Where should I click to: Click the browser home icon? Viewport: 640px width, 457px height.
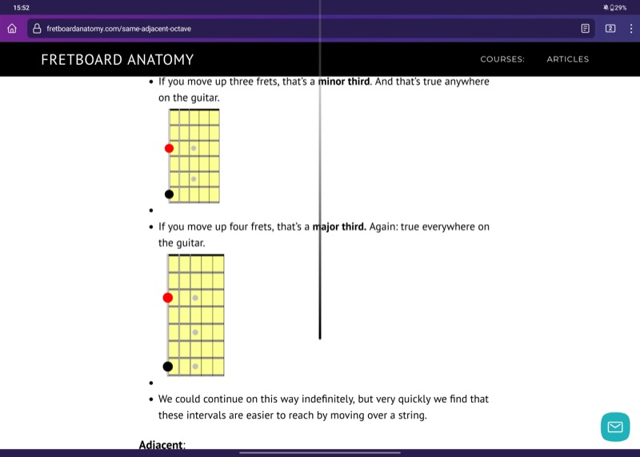coord(12,28)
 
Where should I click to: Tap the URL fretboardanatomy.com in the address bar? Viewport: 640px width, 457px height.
coord(118,29)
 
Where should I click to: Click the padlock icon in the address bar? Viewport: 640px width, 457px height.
coord(37,28)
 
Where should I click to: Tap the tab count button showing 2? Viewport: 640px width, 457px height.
coord(610,28)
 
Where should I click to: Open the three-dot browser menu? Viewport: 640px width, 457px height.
coord(631,28)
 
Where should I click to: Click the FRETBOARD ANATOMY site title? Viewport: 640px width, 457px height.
coord(117,59)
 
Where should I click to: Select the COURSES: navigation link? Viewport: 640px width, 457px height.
coord(502,59)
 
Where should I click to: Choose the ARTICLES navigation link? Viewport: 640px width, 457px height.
coord(567,59)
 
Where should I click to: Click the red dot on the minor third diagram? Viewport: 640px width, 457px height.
coord(169,148)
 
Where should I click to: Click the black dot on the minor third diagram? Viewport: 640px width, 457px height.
coord(169,194)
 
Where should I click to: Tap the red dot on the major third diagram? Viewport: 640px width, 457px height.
coord(168,298)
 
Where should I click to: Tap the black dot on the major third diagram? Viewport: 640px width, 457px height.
coord(168,367)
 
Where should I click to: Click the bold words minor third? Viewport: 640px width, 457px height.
coord(345,82)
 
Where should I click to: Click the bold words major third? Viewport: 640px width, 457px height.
coord(339,226)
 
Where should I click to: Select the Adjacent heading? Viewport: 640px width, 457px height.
coord(162,444)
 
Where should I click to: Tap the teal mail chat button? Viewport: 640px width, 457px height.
coord(615,427)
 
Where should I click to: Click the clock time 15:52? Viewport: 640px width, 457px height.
coord(22,7)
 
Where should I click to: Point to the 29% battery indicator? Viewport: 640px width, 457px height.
coord(618,7)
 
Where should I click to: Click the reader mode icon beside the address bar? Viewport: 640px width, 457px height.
coord(586,28)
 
